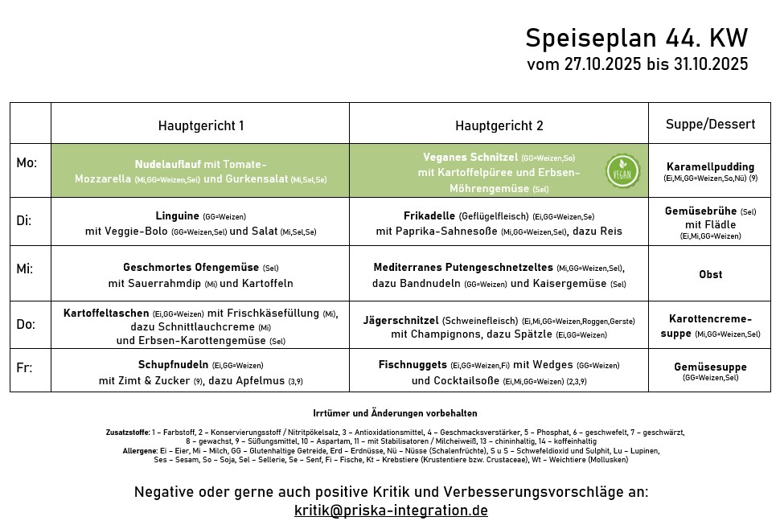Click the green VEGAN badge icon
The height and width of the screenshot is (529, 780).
[x=623, y=170]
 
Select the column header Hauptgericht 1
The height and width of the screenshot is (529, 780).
[x=201, y=125]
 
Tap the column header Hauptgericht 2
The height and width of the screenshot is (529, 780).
[x=499, y=125]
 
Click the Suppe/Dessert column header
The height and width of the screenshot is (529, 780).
[x=710, y=124]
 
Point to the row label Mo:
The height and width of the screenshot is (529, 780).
[x=27, y=163]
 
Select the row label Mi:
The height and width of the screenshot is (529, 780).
[x=26, y=269]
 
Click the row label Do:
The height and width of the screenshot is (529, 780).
[x=27, y=324]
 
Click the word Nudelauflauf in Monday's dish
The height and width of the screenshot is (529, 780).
[x=167, y=164]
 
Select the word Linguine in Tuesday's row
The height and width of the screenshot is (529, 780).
[x=178, y=215]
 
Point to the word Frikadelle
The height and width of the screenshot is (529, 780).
[x=429, y=215]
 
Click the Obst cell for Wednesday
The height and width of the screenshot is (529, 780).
[x=710, y=274]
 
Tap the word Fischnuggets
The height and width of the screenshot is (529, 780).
[x=413, y=364]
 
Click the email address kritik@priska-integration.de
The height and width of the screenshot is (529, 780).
[x=391, y=511]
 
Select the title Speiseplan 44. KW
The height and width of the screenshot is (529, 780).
[x=636, y=38]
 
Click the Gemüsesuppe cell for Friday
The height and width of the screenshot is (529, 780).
[x=710, y=367]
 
